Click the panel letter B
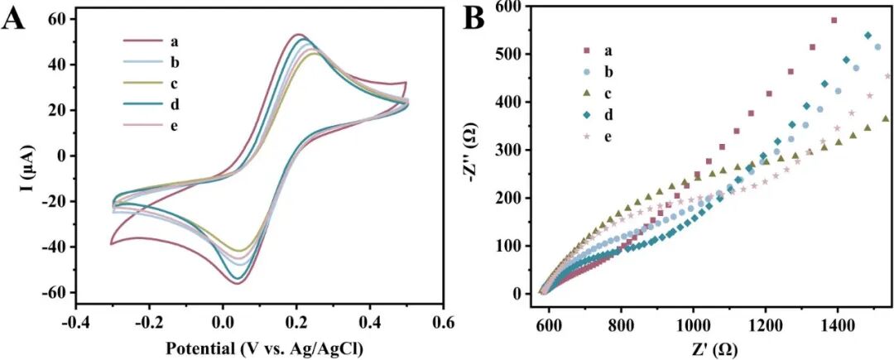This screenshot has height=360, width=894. pyautogui.click(x=473, y=18)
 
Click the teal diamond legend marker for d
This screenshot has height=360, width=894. pyautogui.click(x=587, y=116)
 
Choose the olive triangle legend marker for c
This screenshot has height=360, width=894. pyautogui.click(x=587, y=94)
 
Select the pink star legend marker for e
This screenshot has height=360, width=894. pyautogui.click(x=587, y=137)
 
